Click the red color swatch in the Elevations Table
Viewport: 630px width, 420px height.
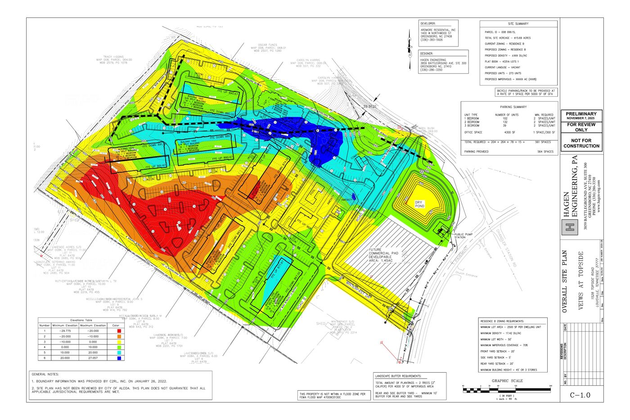pos(119,330)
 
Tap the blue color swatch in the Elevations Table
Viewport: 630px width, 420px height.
pos(119,358)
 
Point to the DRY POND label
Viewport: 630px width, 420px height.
pos(420,204)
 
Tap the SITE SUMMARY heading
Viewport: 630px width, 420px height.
pos(518,24)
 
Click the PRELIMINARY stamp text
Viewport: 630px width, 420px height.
pos(581,114)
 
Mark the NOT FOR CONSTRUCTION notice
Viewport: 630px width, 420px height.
pos(581,143)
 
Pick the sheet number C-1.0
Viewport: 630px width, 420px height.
pos(580,395)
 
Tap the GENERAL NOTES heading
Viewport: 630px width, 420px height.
pos(45,374)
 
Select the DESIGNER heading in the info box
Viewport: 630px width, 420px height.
pos(427,53)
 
